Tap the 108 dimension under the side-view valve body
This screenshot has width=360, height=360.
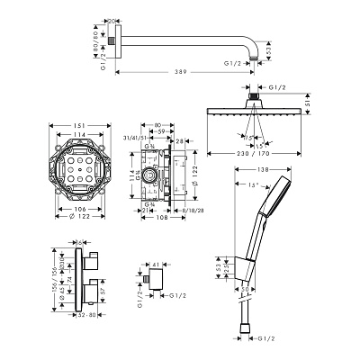(x=161, y=217)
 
